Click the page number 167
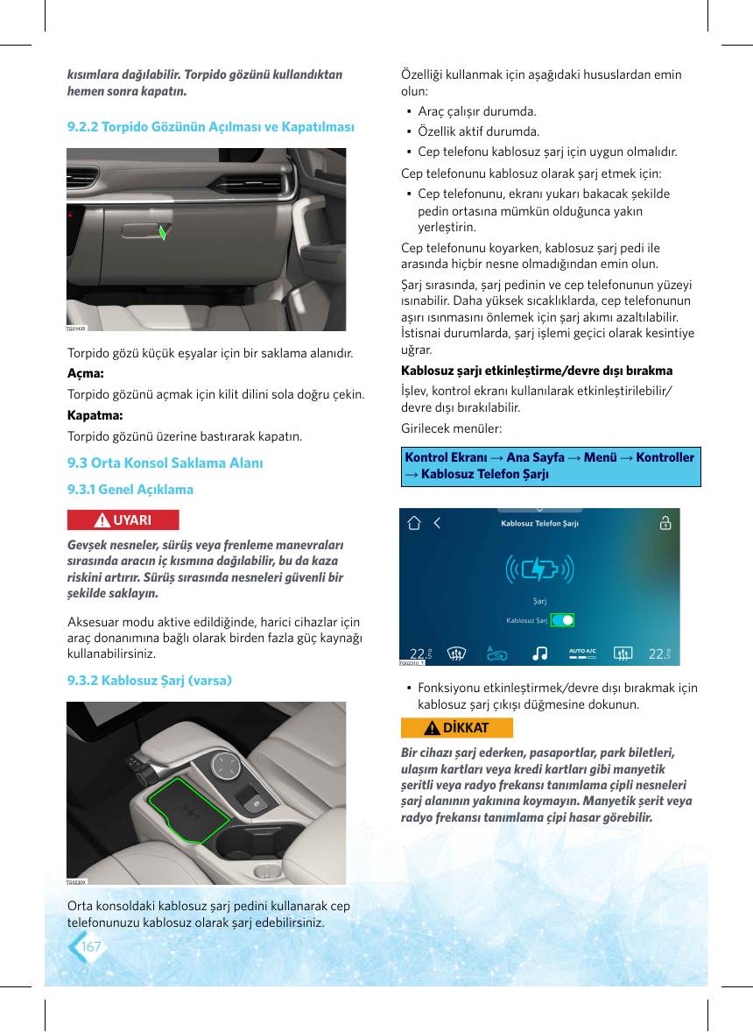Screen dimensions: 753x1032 91,946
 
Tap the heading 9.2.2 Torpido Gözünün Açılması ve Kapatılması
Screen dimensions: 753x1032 210,126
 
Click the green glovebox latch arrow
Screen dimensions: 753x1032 163,231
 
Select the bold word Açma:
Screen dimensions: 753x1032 86,373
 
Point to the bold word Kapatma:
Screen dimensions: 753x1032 95,415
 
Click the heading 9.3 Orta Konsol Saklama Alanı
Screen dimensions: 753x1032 165,463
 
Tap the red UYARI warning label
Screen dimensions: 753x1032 123,520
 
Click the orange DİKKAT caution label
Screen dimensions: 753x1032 456,727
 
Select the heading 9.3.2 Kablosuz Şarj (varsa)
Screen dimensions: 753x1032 149,681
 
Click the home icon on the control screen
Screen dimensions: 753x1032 413,523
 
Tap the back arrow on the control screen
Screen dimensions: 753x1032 437,523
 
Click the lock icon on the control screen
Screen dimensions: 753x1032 665,523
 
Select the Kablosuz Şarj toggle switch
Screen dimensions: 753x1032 562,620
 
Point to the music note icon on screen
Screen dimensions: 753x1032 540,653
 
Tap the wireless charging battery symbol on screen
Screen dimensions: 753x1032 539,569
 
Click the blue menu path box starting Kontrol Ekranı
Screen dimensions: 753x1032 551,466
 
